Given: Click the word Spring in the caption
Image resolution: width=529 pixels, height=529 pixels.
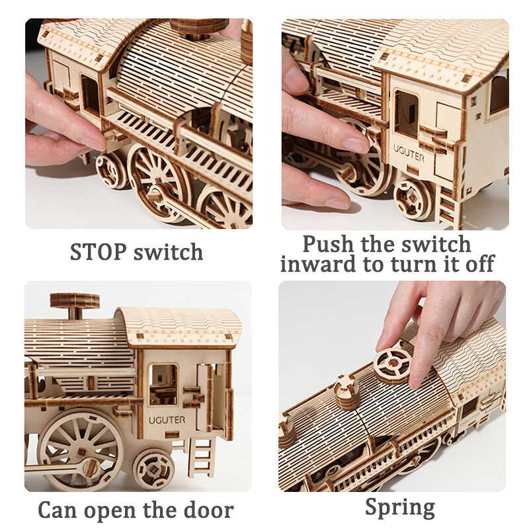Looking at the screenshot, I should [x=399, y=508].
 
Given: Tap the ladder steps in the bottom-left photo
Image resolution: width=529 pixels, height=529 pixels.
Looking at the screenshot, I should [x=201, y=456].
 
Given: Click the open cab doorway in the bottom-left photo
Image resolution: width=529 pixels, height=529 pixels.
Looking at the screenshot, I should [x=163, y=384].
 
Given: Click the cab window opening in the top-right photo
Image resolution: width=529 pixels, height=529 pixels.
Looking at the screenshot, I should [x=406, y=113].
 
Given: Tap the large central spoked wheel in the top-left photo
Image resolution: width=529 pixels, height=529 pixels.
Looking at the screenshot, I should [x=159, y=175].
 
